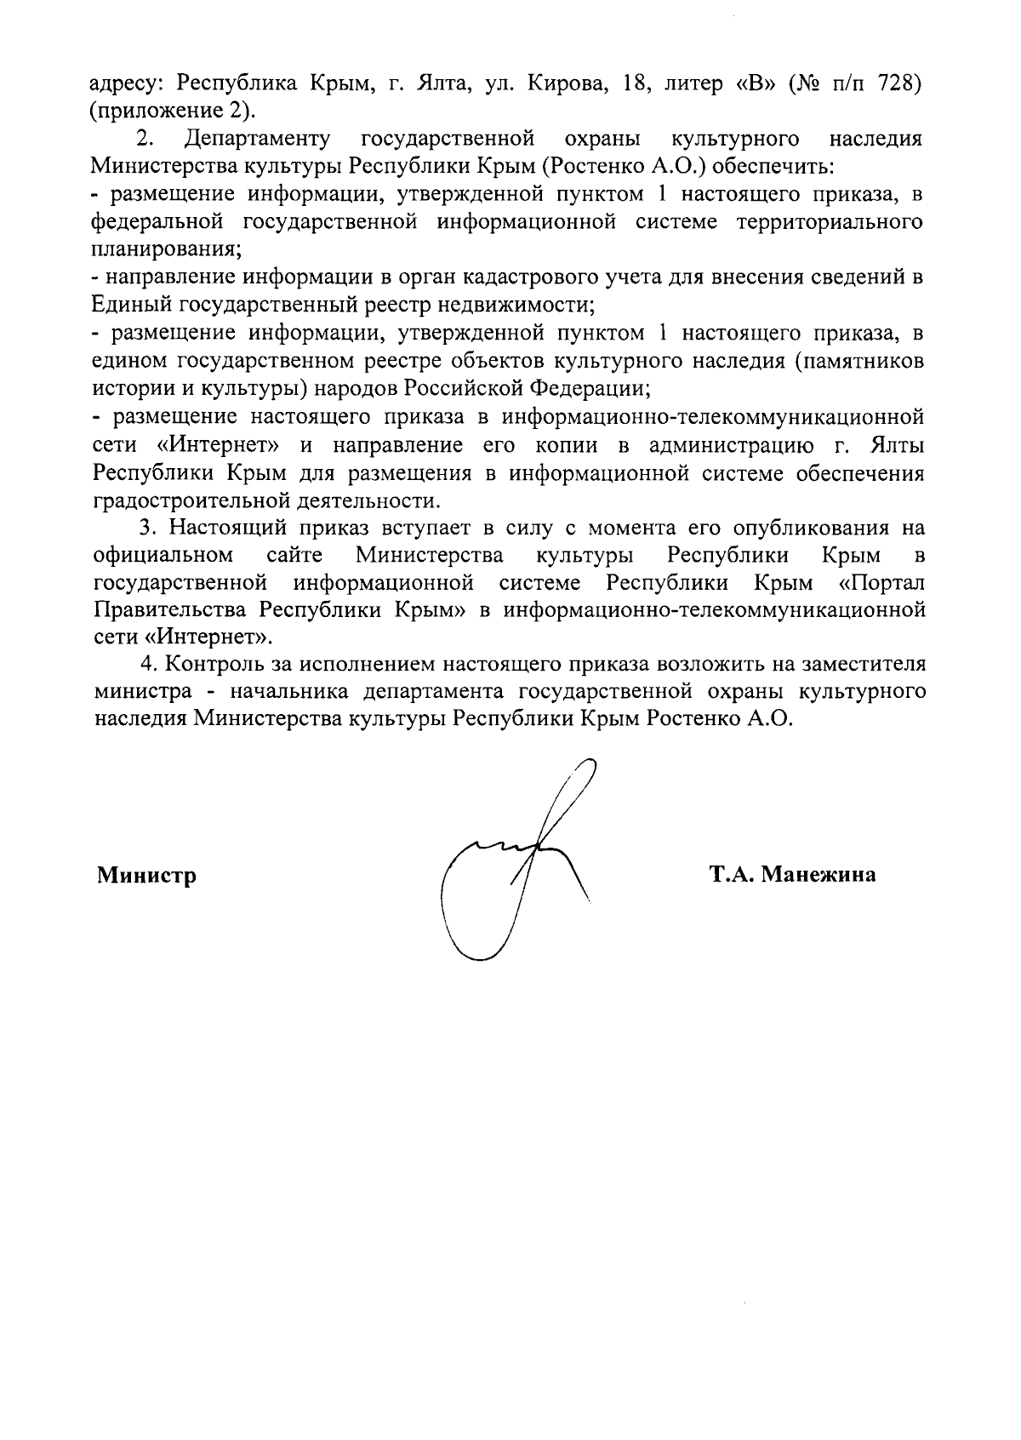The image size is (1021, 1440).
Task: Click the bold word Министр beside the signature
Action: click(146, 875)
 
